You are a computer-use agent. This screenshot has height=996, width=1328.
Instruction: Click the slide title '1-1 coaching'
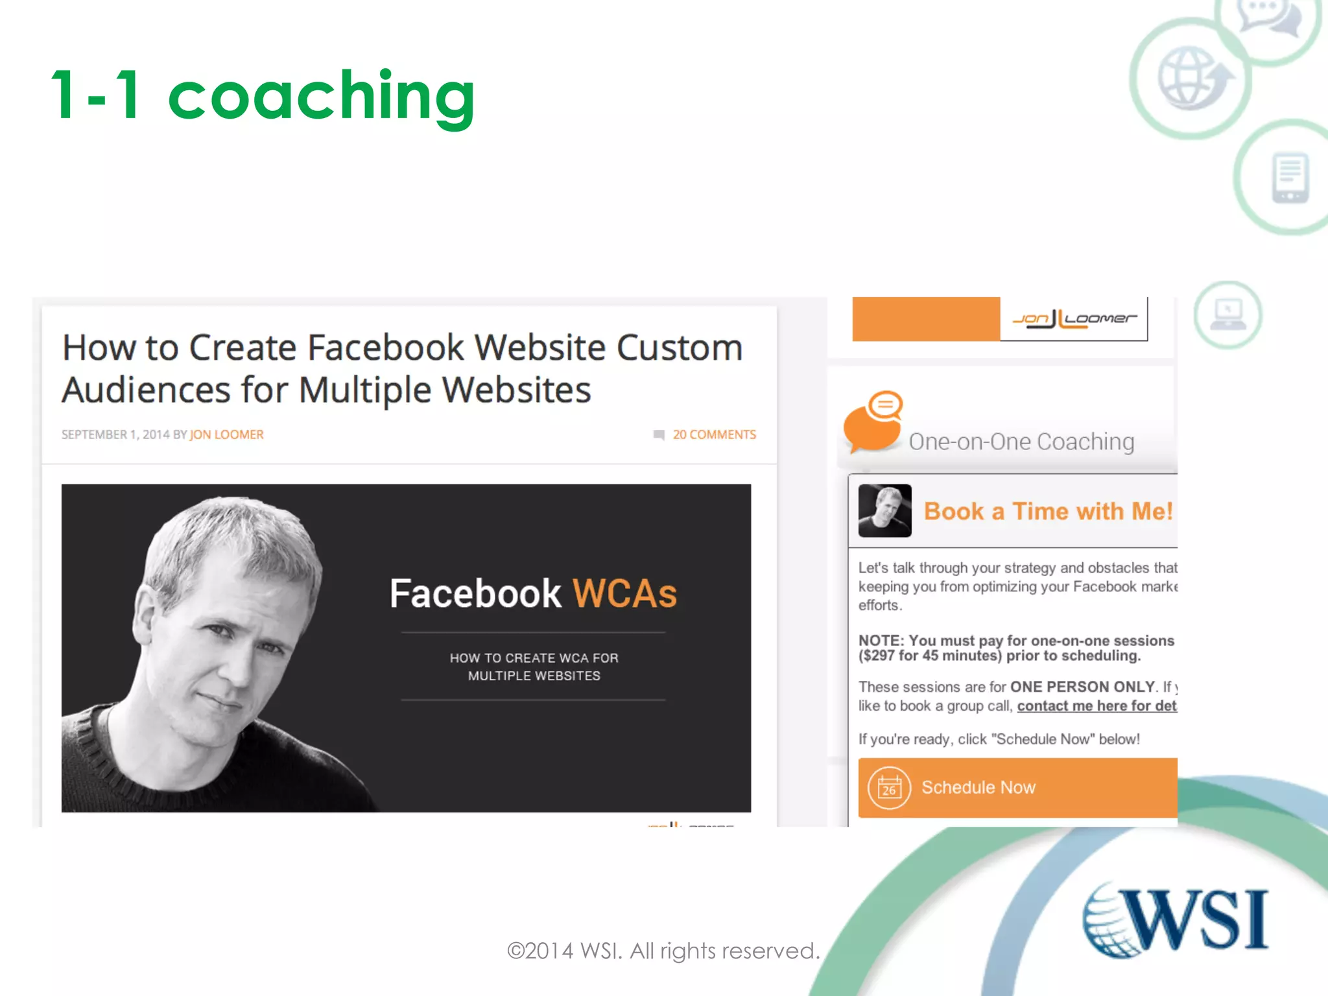tap(263, 96)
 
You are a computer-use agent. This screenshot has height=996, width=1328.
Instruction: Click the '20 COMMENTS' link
tap(714, 434)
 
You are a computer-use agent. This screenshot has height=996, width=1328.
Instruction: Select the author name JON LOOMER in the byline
tap(226, 434)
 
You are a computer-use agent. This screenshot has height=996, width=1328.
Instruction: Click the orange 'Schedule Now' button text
tap(978, 787)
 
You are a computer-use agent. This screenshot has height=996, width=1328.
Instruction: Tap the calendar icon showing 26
tap(889, 788)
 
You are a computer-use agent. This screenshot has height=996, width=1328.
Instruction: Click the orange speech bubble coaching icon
tap(873, 421)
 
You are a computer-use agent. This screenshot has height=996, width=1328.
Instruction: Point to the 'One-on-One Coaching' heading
tap(1021, 442)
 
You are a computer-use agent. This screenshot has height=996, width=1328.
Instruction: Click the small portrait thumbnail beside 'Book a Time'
tap(884, 511)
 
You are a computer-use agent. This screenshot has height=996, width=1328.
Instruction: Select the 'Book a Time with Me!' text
tap(1048, 511)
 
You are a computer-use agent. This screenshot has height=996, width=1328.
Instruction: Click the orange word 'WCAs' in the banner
tap(624, 593)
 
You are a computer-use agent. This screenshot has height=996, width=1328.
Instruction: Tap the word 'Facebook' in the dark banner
tap(475, 593)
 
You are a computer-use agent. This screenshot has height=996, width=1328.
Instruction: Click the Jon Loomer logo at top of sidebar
tap(1074, 318)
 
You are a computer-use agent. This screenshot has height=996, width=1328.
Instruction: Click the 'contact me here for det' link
tap(1097, 705)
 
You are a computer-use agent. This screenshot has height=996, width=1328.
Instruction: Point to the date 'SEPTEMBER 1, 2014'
tap(115, 434)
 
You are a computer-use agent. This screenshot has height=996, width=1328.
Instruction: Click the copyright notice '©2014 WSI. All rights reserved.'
tap(663, 951)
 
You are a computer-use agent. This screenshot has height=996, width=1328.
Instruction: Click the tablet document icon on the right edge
tap(1290, 177)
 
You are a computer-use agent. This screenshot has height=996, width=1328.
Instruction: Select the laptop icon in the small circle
tap(1227, 315)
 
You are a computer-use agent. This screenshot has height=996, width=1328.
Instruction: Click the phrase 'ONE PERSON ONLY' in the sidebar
tap(1082, 687)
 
